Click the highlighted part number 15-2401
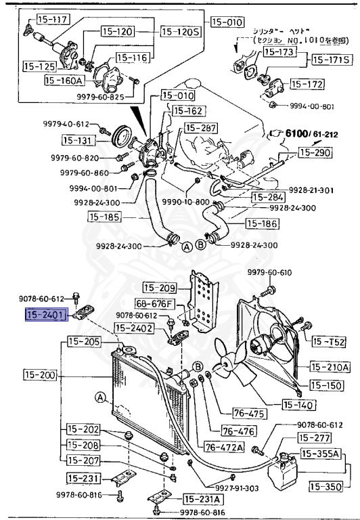(x=45, y=314)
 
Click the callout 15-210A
(x=330, y=367)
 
